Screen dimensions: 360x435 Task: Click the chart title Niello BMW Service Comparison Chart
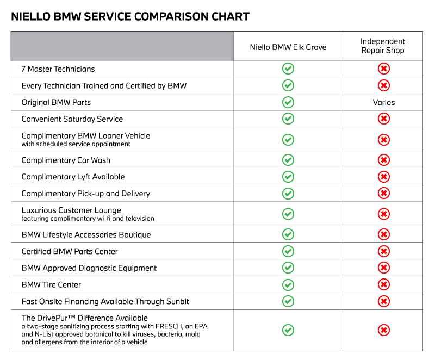(x=130, y=16)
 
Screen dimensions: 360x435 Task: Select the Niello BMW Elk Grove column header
(x=288, y=47)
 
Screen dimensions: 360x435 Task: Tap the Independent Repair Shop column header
(x=383, y=46)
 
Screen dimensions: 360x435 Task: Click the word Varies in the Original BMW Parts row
(x=383, y=102)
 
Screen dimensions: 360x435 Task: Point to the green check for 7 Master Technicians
(x=288, y=69)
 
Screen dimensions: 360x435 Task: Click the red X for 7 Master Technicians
(x=383, y=69)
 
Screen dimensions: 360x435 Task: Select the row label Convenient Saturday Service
(x=72, y=119)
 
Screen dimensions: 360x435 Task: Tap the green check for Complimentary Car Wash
(x=288, y=160)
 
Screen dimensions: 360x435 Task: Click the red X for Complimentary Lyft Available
(x=383, y=177)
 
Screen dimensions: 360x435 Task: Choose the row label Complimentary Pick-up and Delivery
(x=85, y=194)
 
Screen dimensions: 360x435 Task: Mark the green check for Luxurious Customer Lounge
(x=288, y=214)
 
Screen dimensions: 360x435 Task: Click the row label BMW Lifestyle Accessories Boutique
(x=86, y=235)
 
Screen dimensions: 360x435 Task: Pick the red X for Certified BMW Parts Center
(x=383, y=251)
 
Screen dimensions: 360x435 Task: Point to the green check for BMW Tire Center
(x=288, y=284)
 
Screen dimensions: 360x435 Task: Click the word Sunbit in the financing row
(x=177, y=301)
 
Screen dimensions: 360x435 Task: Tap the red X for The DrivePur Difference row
(x=383, y=330)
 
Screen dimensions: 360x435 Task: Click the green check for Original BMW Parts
(x=288, y=102)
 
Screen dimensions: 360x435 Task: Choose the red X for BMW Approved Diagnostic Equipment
(x=383, y=268)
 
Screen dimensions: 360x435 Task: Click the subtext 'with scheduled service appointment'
(x=76, y=144)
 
